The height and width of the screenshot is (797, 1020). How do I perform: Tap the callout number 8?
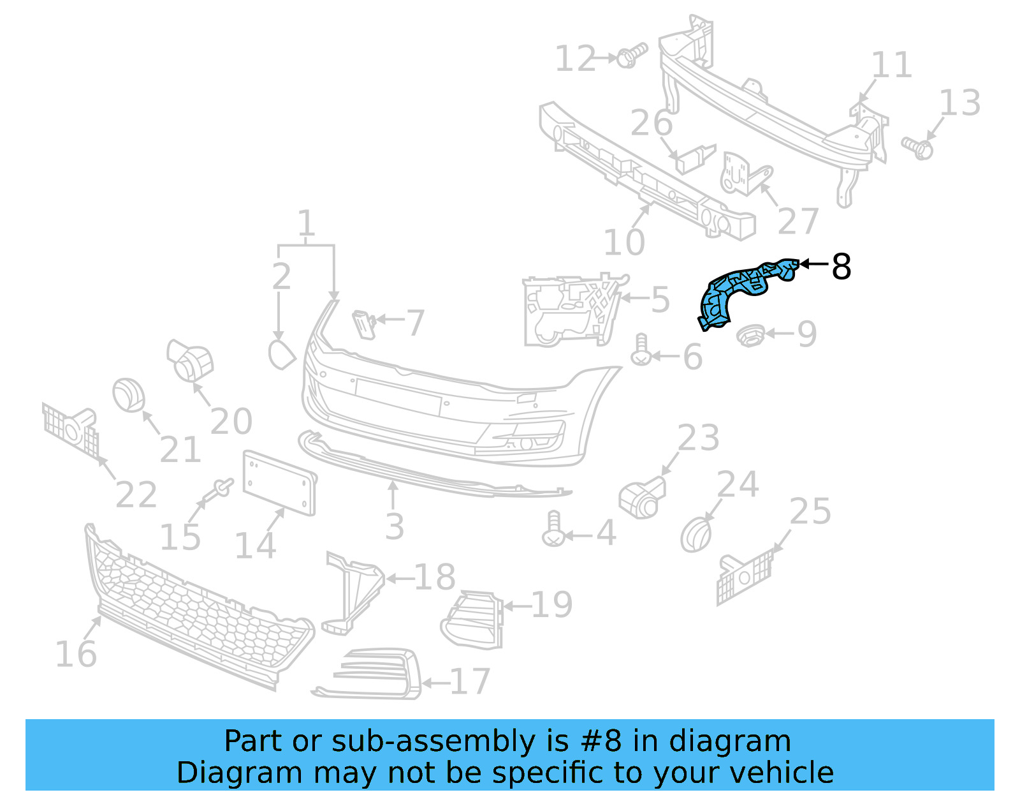pyautogui.click(x=841, y=267)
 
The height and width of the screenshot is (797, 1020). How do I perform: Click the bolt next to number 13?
pyautogui.click(x=917, y=147)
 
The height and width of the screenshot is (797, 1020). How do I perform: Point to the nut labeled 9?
pyautogui.click(x=750, y=335)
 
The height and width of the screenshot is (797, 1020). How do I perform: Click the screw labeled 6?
pyautogui.click(x=641, y=350)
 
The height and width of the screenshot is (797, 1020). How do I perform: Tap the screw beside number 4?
pyautogui.click(x=553, y=529)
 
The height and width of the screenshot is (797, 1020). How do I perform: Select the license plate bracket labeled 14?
pyautogui.click(x=279, y=482)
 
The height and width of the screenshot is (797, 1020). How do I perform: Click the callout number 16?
pyautogui.click(x=76, y=654)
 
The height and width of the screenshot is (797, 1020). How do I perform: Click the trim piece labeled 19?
pyautogui.click(x=473, y=619)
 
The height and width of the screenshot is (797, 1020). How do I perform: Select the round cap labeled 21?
pyautogui.click(x=129, y=395)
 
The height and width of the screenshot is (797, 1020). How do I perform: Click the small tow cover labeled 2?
pyautogui.click(x=281, y=355)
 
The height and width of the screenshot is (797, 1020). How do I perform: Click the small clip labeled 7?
pyautogui.click(x=364, y=324)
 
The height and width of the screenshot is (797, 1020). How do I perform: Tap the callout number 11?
pyautogui.click(x=891, y=65)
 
